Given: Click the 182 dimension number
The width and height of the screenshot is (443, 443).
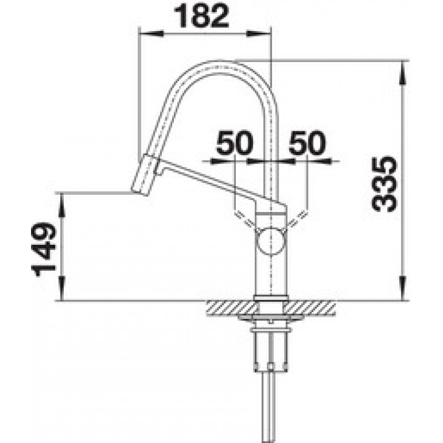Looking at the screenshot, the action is [x=201, y=16].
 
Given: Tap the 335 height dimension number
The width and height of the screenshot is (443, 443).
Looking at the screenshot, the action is [x=384, y=184].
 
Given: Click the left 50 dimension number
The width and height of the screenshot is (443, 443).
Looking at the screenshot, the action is [x=234, y=142].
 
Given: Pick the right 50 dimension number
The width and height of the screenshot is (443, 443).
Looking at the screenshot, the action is [x=307, y=142].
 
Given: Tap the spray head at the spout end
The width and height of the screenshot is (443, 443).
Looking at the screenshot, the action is [x=146, y=174].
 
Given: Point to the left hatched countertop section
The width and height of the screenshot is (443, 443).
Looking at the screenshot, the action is [x=232, y=308].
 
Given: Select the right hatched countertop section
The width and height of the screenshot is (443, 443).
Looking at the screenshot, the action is [x=310, y=308].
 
